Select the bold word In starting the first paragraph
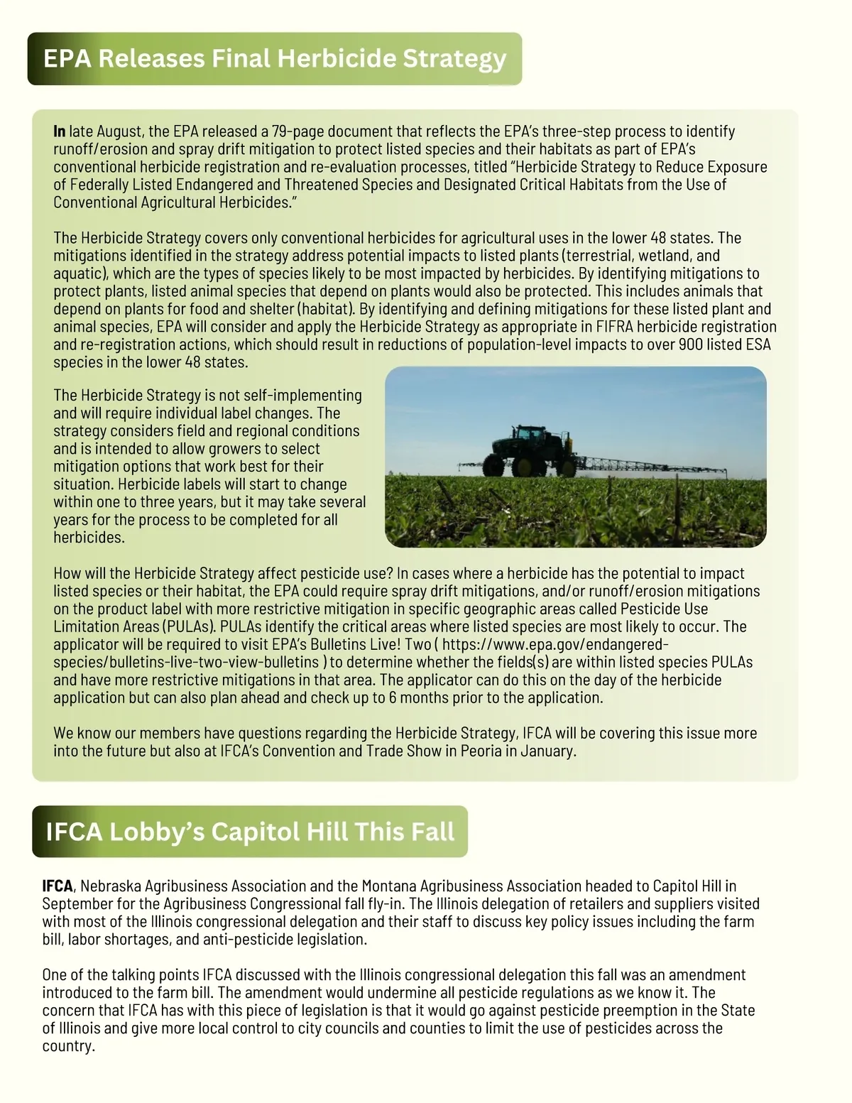click(59, 131)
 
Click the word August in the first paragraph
click(120, 131)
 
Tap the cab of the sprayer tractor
click(529, 435)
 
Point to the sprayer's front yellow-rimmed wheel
click(523, 466)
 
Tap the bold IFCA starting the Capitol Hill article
click(57, 886)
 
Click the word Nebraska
click(110, 886)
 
